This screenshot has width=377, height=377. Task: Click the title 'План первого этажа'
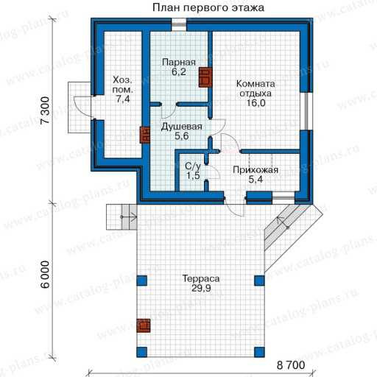tap(208, 7)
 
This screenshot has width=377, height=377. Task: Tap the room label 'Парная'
tap(179, 62)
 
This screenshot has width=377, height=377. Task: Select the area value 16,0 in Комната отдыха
tap(256, 103)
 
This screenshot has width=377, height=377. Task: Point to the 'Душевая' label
tap(182, 127)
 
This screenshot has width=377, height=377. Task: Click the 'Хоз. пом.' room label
tap(122, 85)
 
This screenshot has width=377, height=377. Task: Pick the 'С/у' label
tap(193, 166)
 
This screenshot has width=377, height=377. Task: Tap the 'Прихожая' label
tap(256, 170)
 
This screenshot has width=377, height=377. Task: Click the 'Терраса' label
tap(201, 279)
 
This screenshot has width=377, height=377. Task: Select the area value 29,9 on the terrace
tap(201, 289)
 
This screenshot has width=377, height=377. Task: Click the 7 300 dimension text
tap(45, 110)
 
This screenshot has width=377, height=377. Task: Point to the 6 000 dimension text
tap(45, 275)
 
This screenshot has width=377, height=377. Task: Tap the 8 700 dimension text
tap(291, 365)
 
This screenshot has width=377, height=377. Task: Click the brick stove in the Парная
tap(205, 77)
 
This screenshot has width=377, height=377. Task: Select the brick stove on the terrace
tap(144, 325)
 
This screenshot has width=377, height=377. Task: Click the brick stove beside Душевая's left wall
tap(145, 135)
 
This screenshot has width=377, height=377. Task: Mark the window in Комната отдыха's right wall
tap(306, 111)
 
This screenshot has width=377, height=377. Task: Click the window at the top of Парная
tap(179, 24)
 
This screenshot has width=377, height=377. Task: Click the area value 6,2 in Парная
tap(179, 72)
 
